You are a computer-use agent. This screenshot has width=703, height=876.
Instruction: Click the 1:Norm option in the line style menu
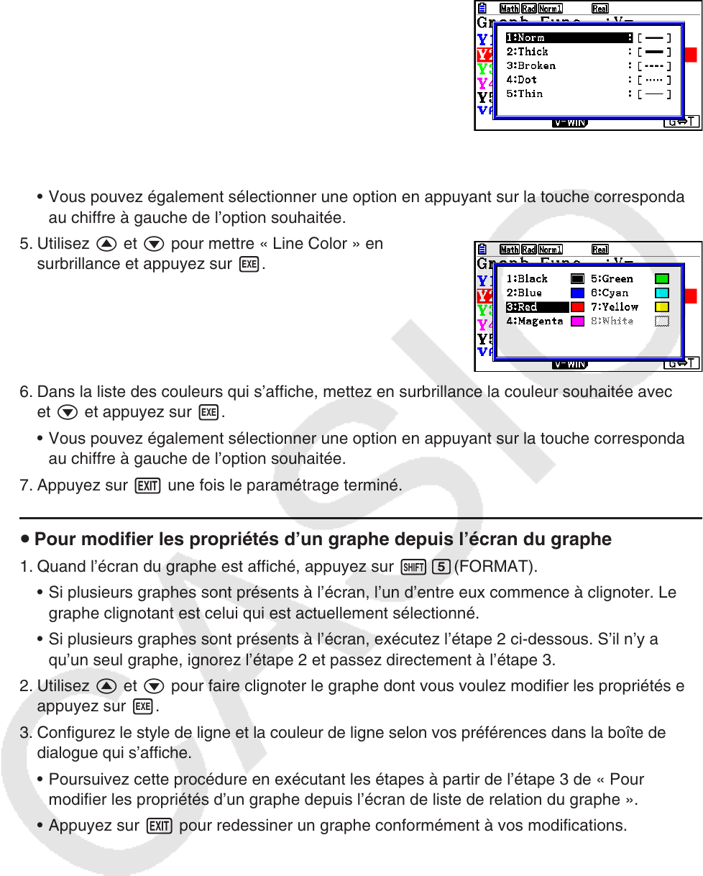tap(525, 37)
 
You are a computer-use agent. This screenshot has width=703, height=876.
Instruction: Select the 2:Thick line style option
tap(527, 52)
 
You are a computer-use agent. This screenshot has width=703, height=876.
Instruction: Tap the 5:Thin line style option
tap(524, 93)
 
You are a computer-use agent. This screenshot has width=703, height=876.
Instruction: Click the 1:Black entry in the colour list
tap(527, 279)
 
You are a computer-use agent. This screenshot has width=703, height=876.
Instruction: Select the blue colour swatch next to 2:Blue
tap(577, 293)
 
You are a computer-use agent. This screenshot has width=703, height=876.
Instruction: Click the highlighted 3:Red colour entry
tap(522, 307)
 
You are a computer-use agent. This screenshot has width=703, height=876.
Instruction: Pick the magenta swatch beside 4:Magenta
tap(577, 321)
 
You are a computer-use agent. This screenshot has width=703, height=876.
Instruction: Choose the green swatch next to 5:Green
tap(662, 279)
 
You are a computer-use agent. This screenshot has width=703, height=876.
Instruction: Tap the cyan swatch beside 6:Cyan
tap(662, 293)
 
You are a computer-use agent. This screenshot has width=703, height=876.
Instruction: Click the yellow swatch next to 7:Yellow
tap(662, 307)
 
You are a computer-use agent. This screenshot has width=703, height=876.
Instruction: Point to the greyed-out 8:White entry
tap(612, 321)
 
